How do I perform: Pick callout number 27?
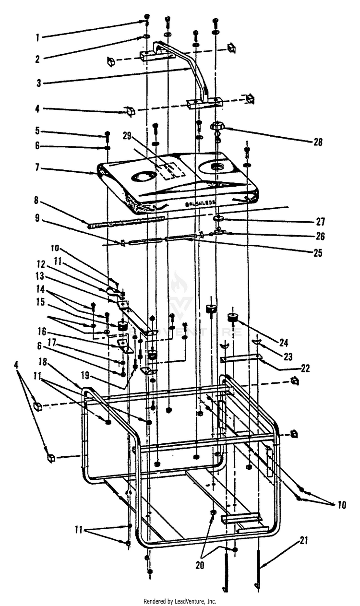(320, 222)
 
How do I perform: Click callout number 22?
(305, 369)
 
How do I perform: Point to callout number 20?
(200, 565)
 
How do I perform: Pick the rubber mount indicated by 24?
(233, 317)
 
